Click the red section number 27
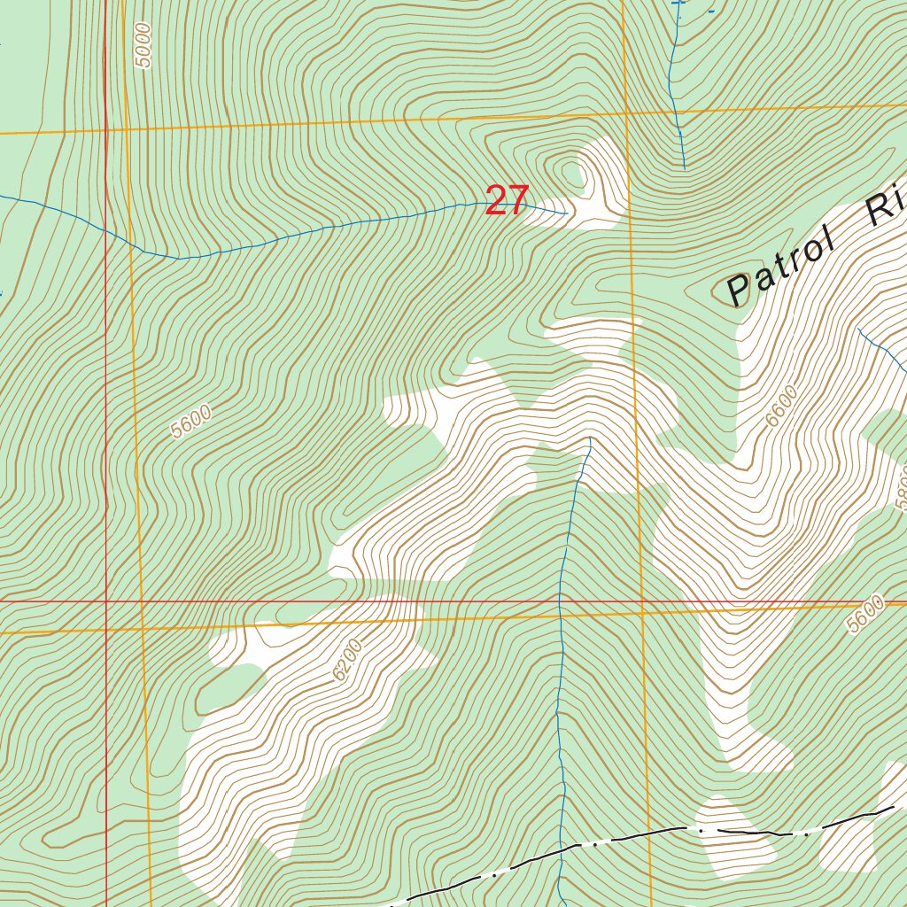(x=507, y=201)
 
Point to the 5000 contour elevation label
(x=144, y=44)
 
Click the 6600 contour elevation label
(x=782, y=406)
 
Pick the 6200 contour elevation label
(x=348, y=660)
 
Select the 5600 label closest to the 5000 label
(x=192, y=421)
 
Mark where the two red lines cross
(x=106, y=601)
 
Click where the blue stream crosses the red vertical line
(x=106, y=229)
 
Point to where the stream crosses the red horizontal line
(x=561, y=601)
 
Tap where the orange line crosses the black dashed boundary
(x=649, y=833)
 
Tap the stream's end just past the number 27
(x=566, y=213)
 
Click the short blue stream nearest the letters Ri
(x=881, y=347)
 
